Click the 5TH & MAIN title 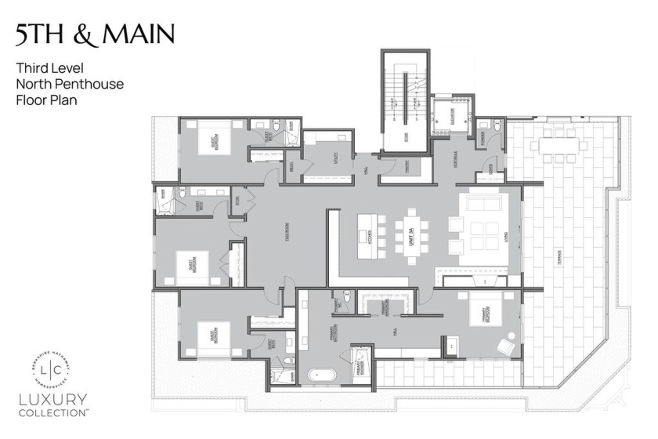[93, 34]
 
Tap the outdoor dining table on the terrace [559, 146]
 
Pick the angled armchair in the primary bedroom [507, 344]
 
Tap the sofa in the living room [484, 203]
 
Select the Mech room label [291, 166]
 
